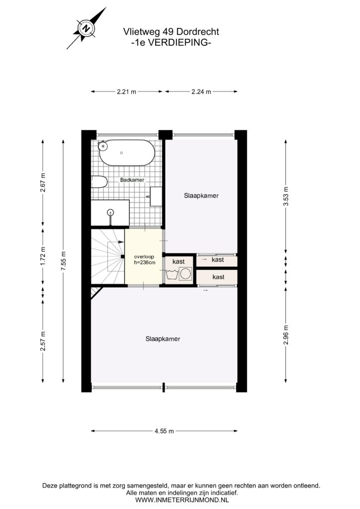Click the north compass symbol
click(x=87, y=28)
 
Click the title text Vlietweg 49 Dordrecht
click(x=171, y=32)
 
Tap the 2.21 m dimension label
click(x=127, y=91)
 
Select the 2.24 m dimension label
click(x=201, y=91)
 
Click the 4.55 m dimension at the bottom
click(x=164, y=431)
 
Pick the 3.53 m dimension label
click(x=285, y=196)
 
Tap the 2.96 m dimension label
click(x=285, y=335)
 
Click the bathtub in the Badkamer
click(x=127, y=153)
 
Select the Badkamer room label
click(x=132, y=180)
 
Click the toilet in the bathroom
click(x=98, y=182)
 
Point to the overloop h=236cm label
click(x=145, y=259)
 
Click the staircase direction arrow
click(x=116, y=242)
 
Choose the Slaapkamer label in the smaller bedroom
click(x=201, y=195)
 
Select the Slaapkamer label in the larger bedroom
click(x=163, y=339)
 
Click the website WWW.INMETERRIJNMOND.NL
click(x=182, y=500)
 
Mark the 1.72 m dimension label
click(x=43, y=256)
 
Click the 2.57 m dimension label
click(x=43, y=341)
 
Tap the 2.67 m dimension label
click(x=43, y=182)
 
